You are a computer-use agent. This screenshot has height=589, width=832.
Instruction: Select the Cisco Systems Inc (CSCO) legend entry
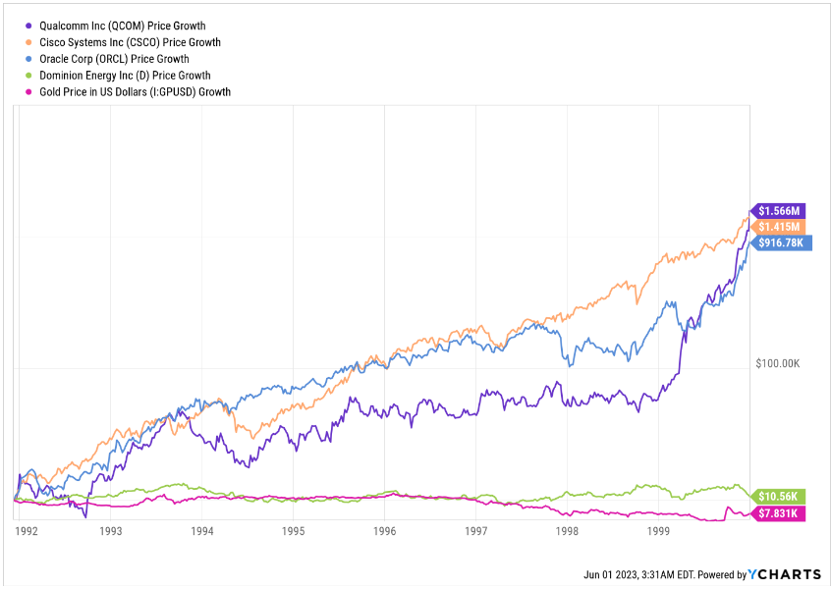tap(129, 42)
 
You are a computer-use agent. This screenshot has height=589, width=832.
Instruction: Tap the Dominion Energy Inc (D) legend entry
tap(124, 75)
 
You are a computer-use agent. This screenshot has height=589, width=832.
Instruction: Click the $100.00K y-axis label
tap(778, 363)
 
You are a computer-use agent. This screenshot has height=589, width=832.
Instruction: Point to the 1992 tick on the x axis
tap(27, 531)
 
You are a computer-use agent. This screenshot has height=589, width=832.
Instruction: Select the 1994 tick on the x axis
tap(202, 531)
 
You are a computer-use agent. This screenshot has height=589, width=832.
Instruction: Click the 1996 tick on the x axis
tap(385, 531)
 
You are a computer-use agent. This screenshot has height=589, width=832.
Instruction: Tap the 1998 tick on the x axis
tap(567, 531)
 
